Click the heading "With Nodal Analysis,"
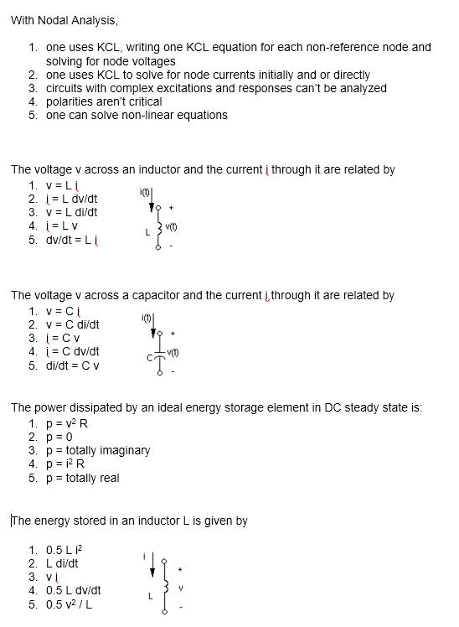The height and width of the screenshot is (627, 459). (x=64, y=20)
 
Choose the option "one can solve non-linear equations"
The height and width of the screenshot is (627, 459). (x=136, y=115)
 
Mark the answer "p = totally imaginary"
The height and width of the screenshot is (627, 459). (x=97, y=450)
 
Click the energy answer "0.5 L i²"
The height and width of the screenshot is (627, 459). (x=65, y=550)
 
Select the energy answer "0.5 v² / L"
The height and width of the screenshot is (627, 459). (x=70, y=604)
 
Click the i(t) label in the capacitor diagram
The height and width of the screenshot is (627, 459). (x=147, y=318)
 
